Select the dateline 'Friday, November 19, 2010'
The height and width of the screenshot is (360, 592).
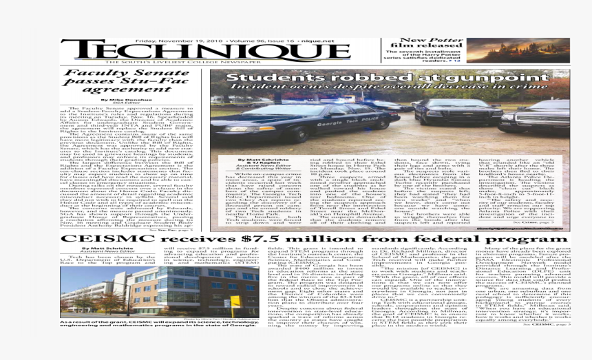169,40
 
